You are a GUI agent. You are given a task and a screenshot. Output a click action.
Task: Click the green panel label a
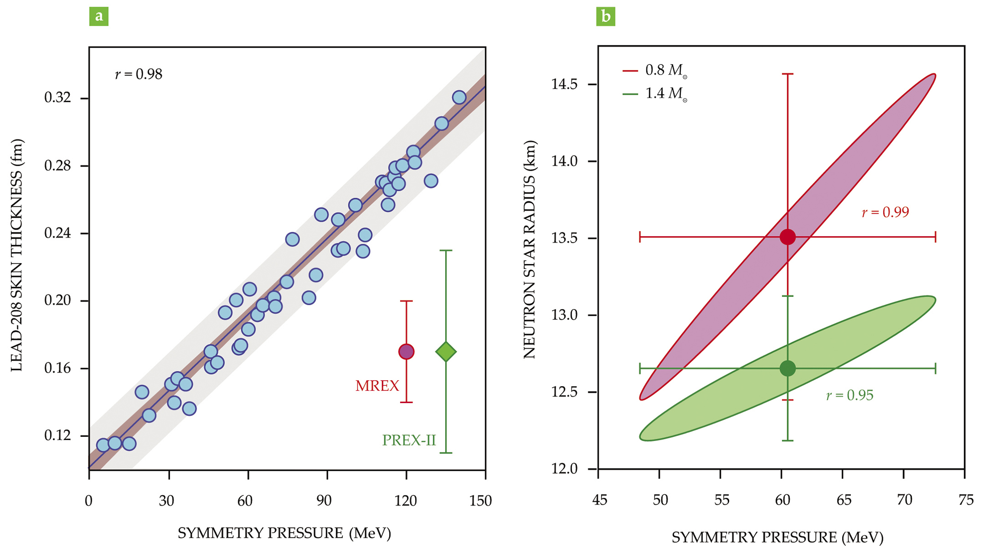(x=99, y=16)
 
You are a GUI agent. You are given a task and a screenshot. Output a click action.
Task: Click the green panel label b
(x=606, y=16)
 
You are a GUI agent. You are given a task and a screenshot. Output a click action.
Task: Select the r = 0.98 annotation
(x=139, y=74)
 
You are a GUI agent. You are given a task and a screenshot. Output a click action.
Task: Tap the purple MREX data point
(x=406, y=351)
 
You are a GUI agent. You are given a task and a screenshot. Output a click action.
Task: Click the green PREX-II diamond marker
(x=446, y=352)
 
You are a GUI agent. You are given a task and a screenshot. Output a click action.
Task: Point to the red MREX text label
(x=377, y=386)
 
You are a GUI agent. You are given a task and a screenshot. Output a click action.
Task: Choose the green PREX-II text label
(x=409, y=441)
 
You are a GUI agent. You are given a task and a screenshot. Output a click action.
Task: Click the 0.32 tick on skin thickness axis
(x=58, y=98)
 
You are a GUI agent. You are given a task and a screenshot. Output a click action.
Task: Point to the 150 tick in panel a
(x=480, y=501)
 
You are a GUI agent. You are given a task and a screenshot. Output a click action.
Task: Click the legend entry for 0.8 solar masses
(x=655, y=70)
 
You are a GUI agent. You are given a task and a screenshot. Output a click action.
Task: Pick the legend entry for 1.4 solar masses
(x=655, y=94)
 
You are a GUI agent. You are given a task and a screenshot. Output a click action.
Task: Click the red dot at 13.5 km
(x=787, y=237)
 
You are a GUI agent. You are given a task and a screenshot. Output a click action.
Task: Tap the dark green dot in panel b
(x=787, y=368)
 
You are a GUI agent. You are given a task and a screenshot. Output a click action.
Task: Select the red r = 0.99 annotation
(x=885, y=212)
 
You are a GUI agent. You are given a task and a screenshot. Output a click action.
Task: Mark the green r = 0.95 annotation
(x=849, y=395)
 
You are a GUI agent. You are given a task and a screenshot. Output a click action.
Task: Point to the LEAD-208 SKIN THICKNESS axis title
(x=16, y=255)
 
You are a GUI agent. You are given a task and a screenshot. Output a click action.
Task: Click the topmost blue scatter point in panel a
(x=459, y=97)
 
